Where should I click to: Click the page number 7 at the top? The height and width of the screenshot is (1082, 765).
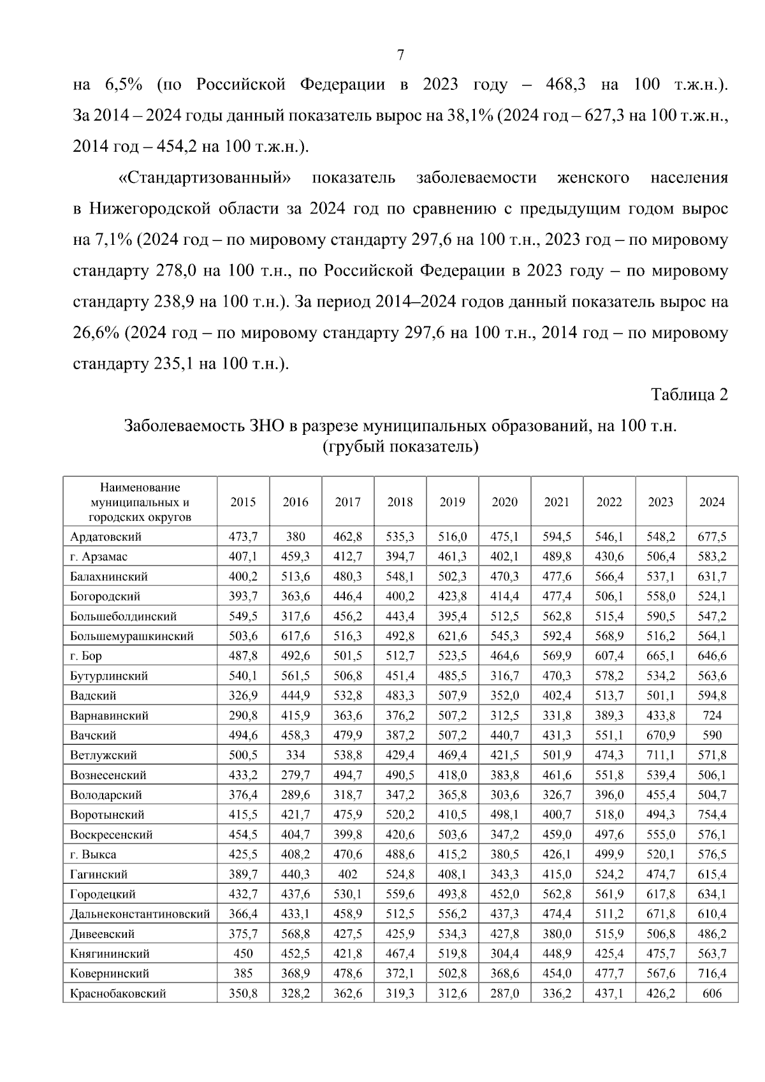[400, 55]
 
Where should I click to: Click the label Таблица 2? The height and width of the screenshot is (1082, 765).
[689, 395]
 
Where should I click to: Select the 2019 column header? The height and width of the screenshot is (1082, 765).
[452, 502]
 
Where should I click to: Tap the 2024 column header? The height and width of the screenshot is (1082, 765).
[711, 502]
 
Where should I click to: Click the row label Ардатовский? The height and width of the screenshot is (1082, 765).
[106, 536]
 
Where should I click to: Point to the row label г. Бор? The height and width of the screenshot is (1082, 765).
[86, 655]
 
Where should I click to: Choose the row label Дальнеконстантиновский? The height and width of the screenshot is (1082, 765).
[140, 914]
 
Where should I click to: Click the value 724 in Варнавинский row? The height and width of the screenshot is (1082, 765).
[711, 715]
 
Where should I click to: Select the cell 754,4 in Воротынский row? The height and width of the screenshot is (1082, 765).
[711, 815]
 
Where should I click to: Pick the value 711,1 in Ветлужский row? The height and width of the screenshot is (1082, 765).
[660, 755]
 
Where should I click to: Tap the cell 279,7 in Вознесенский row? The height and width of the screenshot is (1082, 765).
[295, 775]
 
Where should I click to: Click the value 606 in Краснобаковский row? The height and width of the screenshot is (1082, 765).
[711, 993]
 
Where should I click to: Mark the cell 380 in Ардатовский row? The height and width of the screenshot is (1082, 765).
[295, 536]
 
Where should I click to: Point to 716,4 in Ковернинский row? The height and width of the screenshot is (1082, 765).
[711, 974]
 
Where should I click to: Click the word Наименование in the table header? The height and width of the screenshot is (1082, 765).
[140, 488]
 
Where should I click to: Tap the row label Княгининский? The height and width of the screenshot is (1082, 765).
[110, 954]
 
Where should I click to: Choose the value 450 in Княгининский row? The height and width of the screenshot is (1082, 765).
[243, 954]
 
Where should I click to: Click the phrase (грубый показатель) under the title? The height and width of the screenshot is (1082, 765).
[400, 446]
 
